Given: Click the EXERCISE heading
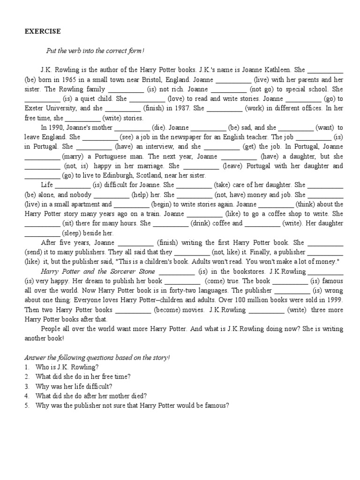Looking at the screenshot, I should pyautogui.click(x=42, y=31).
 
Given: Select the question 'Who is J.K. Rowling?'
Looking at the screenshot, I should pyautogui.click(x=67, y=367).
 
